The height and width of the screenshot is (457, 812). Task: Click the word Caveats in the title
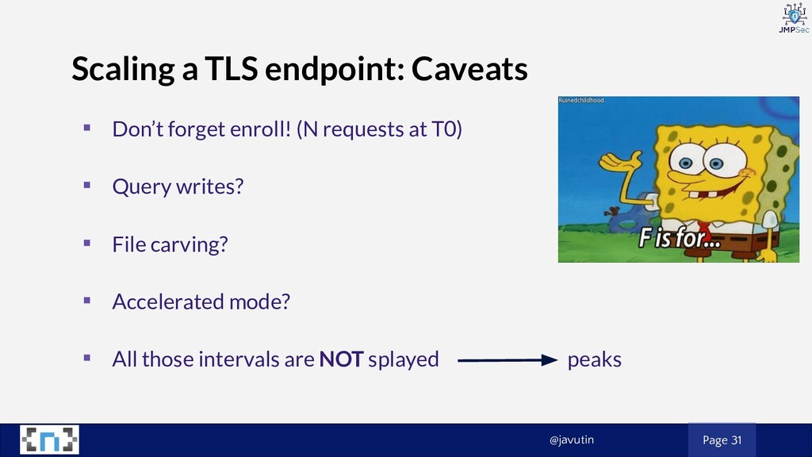click(469, 69)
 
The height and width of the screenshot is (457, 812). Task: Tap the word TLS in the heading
click(231, 68)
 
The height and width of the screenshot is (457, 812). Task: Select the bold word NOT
click(341, 359)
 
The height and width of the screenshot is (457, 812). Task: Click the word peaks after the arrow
click(595, 360)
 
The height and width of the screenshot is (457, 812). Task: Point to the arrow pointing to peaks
click(507, 360)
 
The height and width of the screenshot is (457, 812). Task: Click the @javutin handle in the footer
click(572, 440)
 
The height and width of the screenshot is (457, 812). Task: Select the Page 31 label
click(722, 440)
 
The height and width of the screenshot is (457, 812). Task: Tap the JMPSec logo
click(795, 18)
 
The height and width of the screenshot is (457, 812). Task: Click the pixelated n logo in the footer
click(50, 440)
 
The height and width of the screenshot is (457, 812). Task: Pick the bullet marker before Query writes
click(87, 185)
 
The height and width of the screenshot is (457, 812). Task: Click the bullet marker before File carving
click(87, 243)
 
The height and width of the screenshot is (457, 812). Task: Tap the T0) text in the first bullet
click(446, 129)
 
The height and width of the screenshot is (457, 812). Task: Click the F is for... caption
click(680, 238)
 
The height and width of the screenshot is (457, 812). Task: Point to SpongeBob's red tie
click(704, 228)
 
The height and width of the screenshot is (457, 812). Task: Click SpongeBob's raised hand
click(619, 160)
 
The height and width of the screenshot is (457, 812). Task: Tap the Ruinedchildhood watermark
click(581, 100)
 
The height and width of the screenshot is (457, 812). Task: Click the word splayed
click(404, 359)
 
